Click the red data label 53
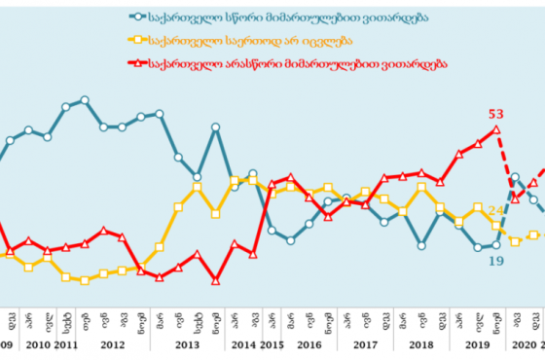coord(495,115)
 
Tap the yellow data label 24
coord(495,210)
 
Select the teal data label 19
coord(495,261)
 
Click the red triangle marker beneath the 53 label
coord(495,129)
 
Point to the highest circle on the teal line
coord(85,100)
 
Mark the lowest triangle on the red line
coord(215,280)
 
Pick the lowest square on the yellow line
coord(85,280)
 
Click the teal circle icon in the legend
coord(143,18)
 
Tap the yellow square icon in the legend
coord(143,41)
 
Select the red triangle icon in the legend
coord(143,63)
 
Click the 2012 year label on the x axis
coord(113,344)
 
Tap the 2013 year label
coord(187,344)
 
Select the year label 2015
coord(272,344)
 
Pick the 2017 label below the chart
coord(365,344)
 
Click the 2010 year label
coord(38,344)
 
